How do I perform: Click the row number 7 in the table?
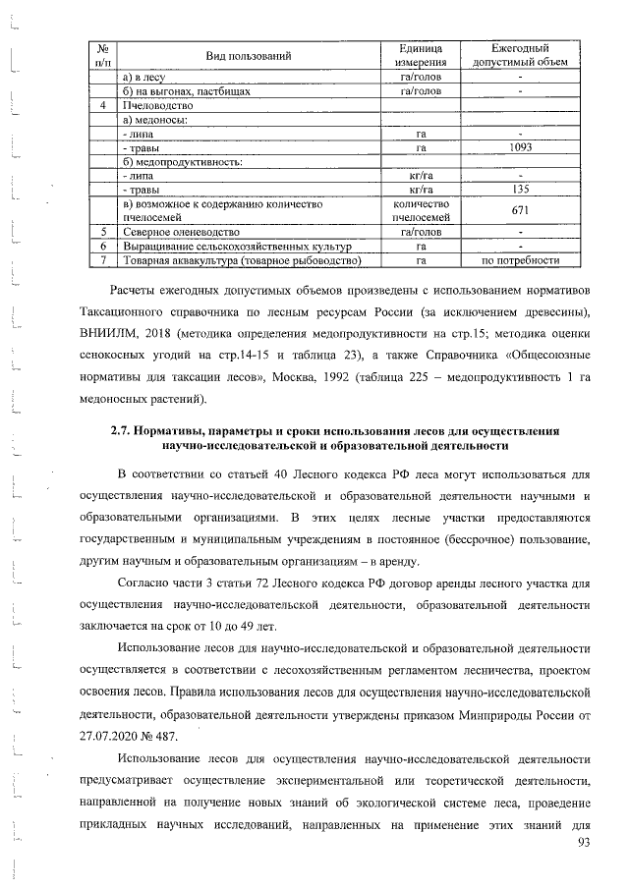(102, 260)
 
